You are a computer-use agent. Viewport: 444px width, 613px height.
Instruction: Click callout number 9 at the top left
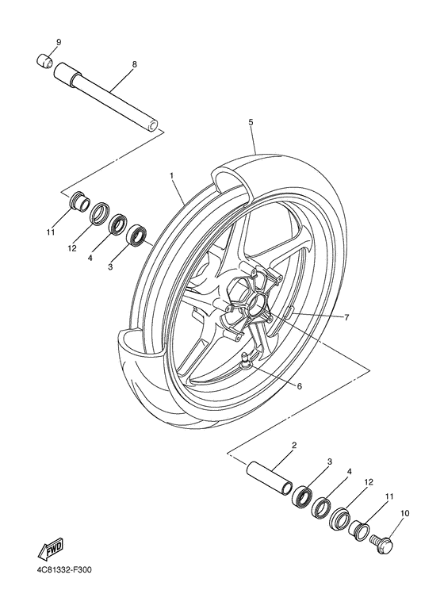coord(58,41)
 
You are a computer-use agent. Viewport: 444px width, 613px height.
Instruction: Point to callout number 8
coord(134,63)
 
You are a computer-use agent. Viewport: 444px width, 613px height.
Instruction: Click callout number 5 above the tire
coord(250,123)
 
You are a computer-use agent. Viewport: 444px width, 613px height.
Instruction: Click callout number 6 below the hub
coord(298,386)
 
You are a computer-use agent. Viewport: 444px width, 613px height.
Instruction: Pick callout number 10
coord(404,514)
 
